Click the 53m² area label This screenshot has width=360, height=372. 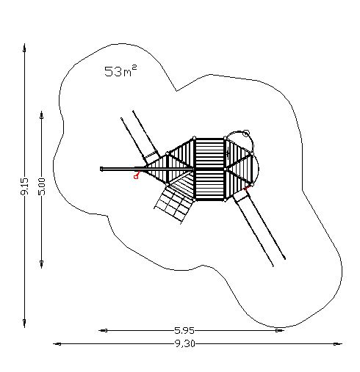(x=120, y=71)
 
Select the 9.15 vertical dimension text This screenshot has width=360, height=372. (x=24, y=186)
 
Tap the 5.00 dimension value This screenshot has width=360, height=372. (x=42, y=186)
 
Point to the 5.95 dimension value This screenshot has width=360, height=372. (x=184, y=331)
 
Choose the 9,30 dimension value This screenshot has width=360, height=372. (x=185, y=344)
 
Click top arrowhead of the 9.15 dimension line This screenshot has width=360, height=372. (x=24, y=48)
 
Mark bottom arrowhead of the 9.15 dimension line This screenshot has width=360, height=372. (x=24, y=323)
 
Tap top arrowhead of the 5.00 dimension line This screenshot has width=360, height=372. (x=42, y=115)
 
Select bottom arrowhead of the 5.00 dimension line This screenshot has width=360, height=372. (x=42, y=264)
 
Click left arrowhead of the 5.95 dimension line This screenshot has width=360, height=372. (x=103, y=331)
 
